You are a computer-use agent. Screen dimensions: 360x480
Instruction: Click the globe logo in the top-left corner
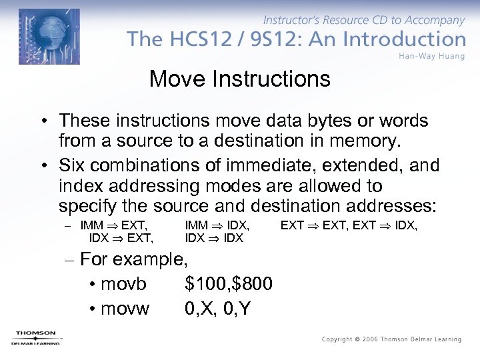49,36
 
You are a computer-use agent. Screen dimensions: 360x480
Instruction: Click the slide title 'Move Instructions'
240,79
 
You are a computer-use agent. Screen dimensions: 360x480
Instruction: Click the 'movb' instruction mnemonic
123,284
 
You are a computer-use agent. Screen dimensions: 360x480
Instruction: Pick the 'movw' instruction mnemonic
125,309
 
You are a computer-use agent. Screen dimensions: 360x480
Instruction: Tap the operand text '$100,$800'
229,284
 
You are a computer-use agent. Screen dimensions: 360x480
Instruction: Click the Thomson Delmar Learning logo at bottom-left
35,338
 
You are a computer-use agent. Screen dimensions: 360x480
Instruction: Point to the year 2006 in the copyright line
370,339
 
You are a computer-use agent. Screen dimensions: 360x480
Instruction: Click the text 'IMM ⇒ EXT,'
113,226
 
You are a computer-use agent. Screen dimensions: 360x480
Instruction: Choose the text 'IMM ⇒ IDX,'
217,226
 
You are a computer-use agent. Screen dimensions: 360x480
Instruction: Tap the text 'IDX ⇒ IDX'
214,238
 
